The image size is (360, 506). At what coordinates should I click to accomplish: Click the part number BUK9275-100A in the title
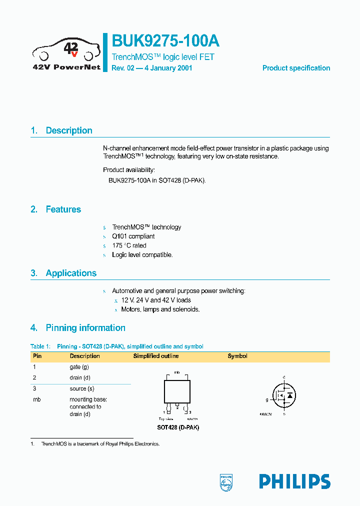pos(165,40)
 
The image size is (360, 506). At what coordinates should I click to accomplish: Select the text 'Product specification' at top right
pos(296,68)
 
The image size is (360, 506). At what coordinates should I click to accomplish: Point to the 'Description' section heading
pos(69,130)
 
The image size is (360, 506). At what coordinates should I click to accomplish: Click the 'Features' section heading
pos(63,209)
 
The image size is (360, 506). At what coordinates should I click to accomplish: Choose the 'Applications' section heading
pos(71,273)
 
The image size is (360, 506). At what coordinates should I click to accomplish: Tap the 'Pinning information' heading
pos(85,328)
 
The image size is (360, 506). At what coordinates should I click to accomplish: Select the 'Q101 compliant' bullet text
pos(133,236)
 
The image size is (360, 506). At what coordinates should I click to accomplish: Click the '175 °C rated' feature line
pos(129,245)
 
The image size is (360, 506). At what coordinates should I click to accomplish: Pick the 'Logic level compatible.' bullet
pos(142,255)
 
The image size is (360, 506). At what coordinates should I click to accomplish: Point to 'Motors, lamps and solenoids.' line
pos(160,309)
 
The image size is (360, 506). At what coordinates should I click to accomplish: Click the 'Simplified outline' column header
pos(155,356)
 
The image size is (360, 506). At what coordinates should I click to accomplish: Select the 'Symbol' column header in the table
pos(237,356)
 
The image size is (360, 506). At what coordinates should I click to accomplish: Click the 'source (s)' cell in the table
pos(82,388)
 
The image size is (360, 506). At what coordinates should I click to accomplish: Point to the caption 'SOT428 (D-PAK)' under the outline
pos(178,428)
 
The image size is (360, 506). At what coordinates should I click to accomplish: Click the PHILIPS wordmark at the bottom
pos(294,481)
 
